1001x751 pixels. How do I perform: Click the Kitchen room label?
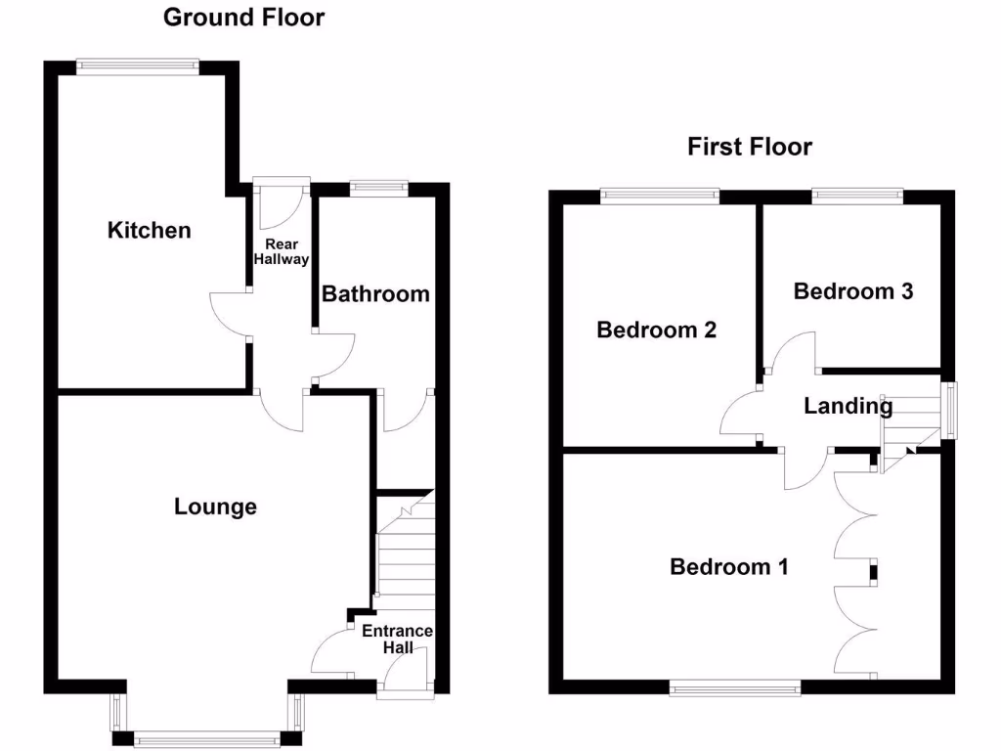[x=149, y=231]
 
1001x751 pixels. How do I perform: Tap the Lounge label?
[x=215, y=507]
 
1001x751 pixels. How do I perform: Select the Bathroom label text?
[x=376, y=293]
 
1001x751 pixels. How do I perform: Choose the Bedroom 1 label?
[x=729, y=567]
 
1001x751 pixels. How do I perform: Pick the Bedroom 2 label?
[x=657, y=331]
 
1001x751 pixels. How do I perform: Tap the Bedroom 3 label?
[x=853, y=291]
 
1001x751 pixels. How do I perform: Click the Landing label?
[x=848, y=406]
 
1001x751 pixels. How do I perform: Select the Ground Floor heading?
[x=243, y=17]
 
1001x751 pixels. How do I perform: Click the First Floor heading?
[x=750, y=148]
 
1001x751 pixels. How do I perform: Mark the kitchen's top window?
[x=138, y=66]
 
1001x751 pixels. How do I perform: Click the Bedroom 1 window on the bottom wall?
[x=735, y=688]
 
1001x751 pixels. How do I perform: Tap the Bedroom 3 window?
[x=857, y=196]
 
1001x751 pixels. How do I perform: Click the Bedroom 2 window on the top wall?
[x=660, y=196]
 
